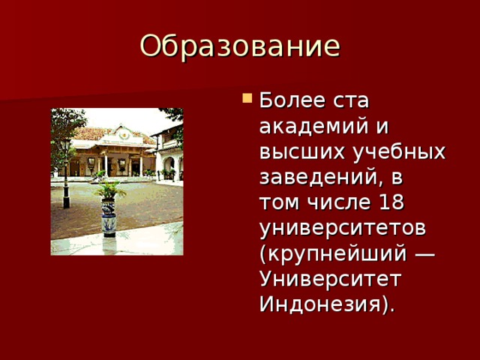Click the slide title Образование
(x=239, y=46)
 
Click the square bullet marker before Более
(x=248, y=97)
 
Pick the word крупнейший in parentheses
(x=334, y=253)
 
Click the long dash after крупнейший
(x=424, y=253)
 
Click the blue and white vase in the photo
(x=109, y=217)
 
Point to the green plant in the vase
(x=109, y=189)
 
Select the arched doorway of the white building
(x=170, y=166)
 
